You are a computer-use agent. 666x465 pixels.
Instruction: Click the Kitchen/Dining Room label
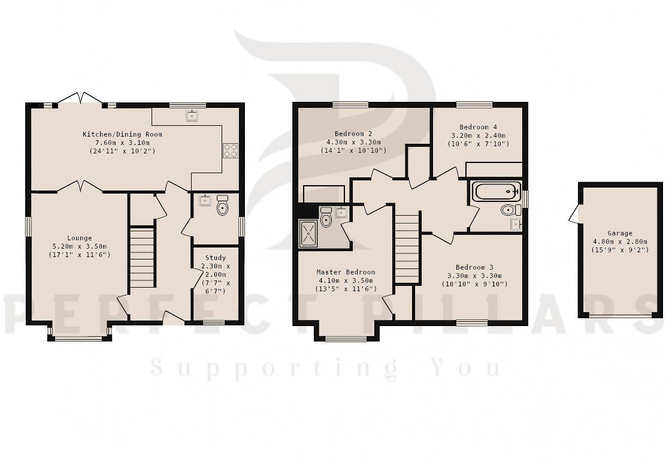point(122,134)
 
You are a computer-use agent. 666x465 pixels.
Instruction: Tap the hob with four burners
point(230,150)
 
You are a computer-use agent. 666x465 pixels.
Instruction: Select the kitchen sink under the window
point(192,116)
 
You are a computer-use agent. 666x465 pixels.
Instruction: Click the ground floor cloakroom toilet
point(223,207)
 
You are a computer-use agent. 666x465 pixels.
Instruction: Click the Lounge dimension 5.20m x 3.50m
point(80,246)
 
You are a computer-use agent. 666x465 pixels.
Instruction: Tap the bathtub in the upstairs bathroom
point(495,192)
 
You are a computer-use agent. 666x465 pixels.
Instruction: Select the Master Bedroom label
point(346,272)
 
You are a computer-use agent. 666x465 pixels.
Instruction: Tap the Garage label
point(619,234)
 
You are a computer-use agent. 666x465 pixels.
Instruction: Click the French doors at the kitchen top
point(80,99)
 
